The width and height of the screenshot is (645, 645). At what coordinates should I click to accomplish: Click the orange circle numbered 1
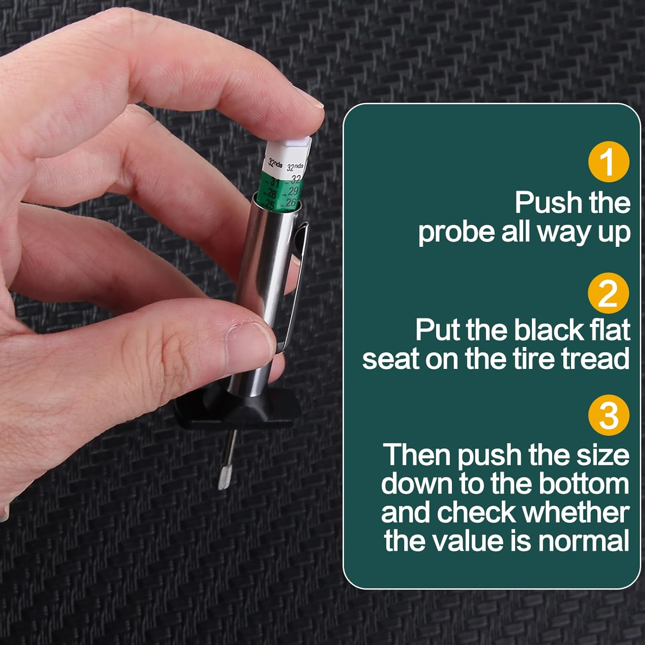point(608,162)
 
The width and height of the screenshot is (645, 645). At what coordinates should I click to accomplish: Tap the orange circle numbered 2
point(608,293)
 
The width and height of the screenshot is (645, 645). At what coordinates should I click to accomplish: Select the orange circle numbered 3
point(608,415)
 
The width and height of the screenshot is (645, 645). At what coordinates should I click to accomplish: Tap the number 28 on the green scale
point(271,194)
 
